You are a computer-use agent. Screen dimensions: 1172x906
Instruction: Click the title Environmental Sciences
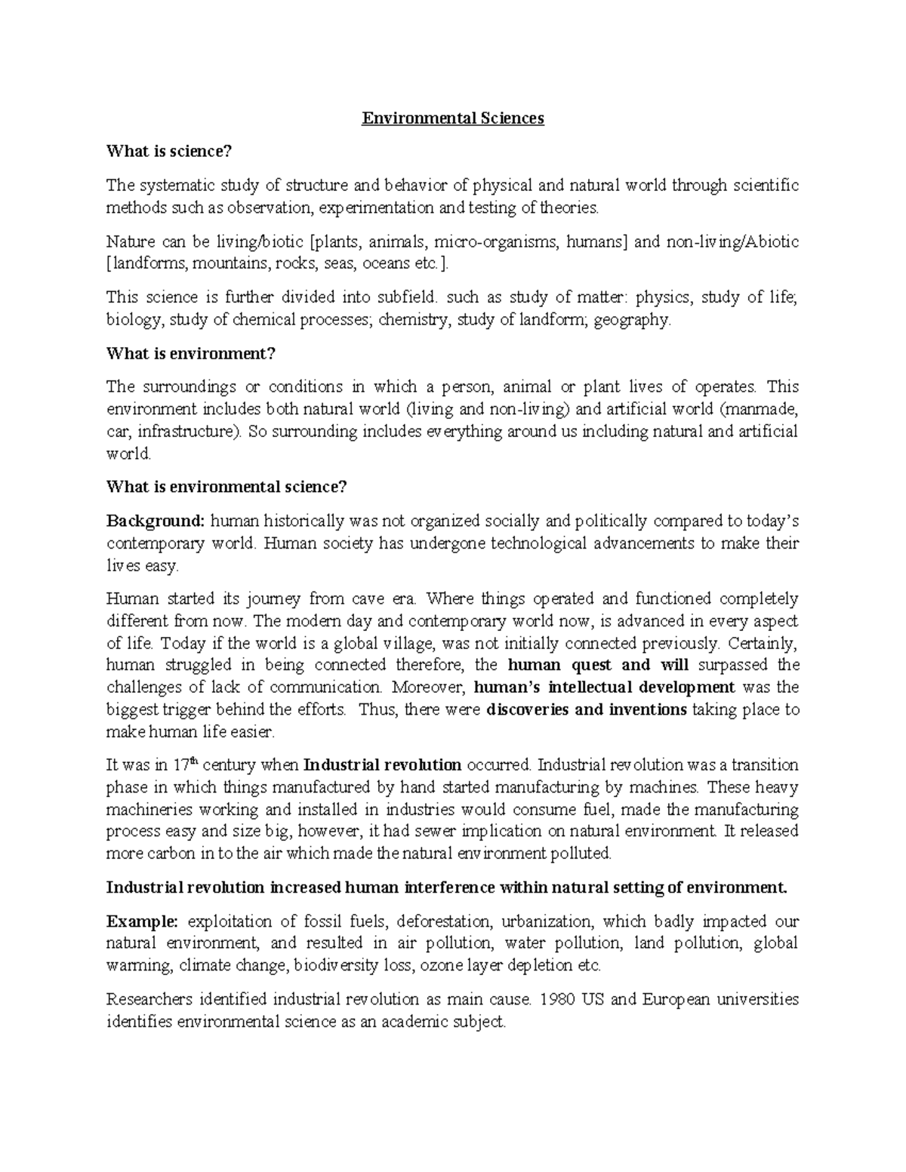453,118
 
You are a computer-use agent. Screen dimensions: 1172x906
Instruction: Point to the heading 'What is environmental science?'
226,487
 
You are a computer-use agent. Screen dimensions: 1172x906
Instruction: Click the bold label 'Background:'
156,521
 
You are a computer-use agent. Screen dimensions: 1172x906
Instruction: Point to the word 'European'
676,1000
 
